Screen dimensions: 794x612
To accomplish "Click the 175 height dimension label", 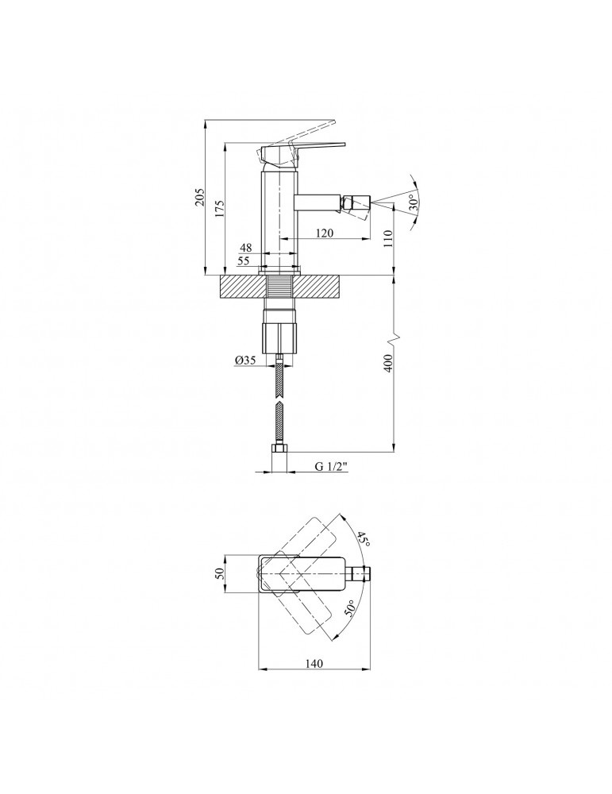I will click(x=220, y=209).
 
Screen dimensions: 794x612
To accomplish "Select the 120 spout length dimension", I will click(x=323, y=234).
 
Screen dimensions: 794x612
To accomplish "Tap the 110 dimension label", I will click(x=388, y=239).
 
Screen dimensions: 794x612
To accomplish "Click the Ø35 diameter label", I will click(x=244, y=360).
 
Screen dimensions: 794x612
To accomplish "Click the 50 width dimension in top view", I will click(x=221, y=572).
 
